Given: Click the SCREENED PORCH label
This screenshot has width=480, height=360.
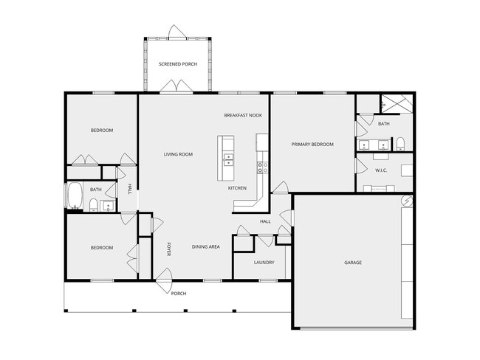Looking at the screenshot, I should [x=178, y=64].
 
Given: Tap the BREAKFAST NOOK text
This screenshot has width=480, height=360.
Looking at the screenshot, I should [x=243, y=116].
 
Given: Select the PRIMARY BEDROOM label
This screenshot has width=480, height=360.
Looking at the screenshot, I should [x=312, y=145].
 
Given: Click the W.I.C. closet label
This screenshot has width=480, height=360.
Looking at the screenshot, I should [x=381, y=171].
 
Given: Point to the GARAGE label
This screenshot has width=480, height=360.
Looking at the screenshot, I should [x=353, y=262].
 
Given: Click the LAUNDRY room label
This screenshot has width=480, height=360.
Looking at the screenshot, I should [x=264, y=262].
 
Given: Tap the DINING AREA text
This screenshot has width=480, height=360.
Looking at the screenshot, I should [x=206, y=246].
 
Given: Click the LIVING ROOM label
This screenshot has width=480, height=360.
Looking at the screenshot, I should [x=178, y=154].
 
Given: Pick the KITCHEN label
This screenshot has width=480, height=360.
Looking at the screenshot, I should [x=237, y=188].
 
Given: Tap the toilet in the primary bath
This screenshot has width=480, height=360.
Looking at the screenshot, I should [x=400, y=143].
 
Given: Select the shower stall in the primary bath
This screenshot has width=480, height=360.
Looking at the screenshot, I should [x=397, y=104].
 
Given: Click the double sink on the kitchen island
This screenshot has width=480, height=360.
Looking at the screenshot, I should [x=229, y=158].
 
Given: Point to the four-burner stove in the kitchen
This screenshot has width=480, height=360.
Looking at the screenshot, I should [x=261, y=167].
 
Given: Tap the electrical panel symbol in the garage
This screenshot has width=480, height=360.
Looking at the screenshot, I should [x=407, y=201].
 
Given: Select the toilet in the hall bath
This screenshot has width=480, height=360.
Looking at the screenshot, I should [x=94, y=206].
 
